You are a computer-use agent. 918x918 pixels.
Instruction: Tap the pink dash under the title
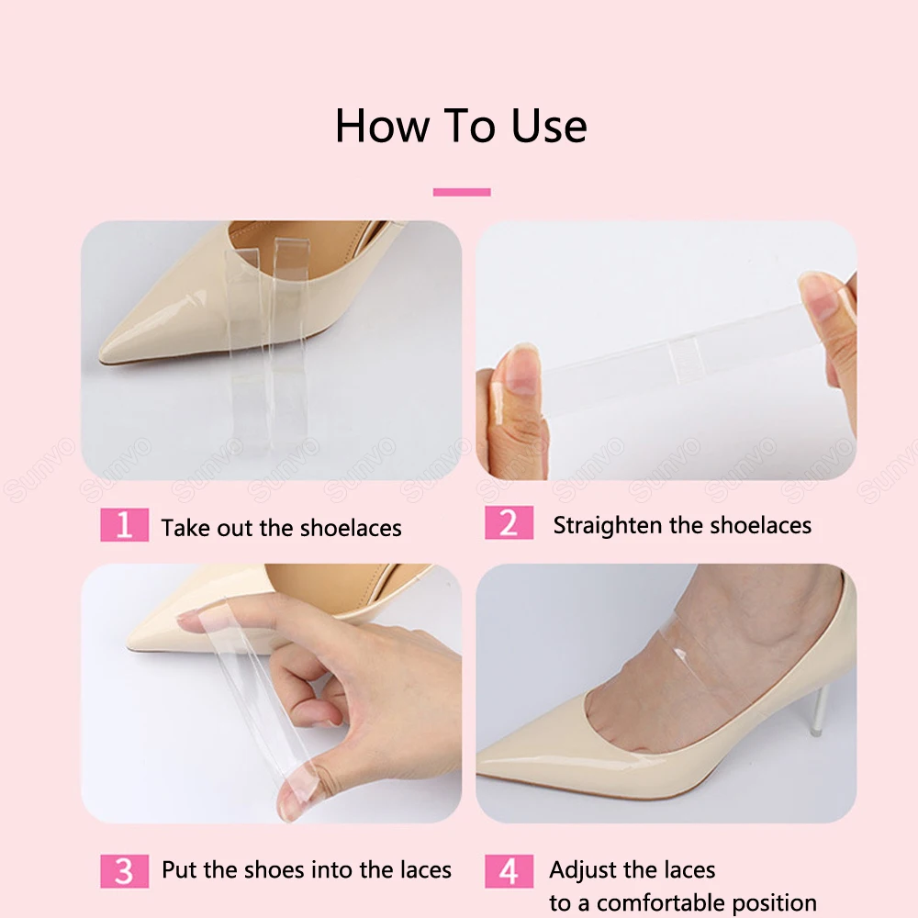pyautogui.click(x=462, y=192)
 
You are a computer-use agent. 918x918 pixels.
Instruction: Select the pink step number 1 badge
pyautogui.click(x=124, y=525)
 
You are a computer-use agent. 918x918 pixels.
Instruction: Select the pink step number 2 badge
pyautogui.click(x=509, y=523)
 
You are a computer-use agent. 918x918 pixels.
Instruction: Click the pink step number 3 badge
pyautogui.click(x=124, y=870)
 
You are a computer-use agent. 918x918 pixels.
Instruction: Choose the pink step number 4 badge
pyautogui.click(x=509, y=870)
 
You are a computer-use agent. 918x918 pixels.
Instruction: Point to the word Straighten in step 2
pyautogui.click(x=608, y=526)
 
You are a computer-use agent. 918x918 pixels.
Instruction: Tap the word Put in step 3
pyautogui.click(x=179, y=869)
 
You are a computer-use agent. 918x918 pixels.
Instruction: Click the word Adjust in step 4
pyautogui.click(x=582, y=869)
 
